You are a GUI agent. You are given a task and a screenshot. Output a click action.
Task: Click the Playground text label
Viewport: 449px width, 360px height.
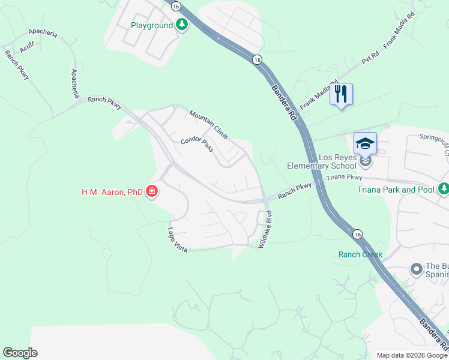pyautogui.click(x=152, y=25)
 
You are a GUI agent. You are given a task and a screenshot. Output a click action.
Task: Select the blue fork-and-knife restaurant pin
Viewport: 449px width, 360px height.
pyautogui.click(x=341, y=94)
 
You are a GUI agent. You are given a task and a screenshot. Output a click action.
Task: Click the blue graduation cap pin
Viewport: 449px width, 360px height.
pyautogui.click(x=365, y=144)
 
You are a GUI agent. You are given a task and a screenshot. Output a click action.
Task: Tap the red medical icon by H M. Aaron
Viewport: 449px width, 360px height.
pyautogui.click(x=152, y=192)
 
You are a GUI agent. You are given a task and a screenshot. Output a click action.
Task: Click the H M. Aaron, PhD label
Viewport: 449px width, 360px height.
pyautogui.click(x=112, y=193)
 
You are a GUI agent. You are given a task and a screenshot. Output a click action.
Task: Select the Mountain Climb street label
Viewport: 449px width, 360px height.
pyautogui.click(x=208, y=125)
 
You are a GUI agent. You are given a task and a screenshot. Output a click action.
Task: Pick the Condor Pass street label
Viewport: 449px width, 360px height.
pyautogui.click(x=197, y=145)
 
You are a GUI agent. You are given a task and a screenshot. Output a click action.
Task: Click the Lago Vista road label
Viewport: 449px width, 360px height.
pyautogui.click(x=178, y=240)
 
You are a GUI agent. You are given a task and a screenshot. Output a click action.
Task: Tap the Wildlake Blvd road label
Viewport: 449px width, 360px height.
pyautogui.click(x=265, y=230)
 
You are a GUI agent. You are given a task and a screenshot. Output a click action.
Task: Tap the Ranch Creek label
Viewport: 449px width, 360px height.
pyautogui.click(x=360, y=254)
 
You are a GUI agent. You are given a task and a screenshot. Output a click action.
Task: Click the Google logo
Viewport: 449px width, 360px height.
pyautogui.click(x=20, y=353)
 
